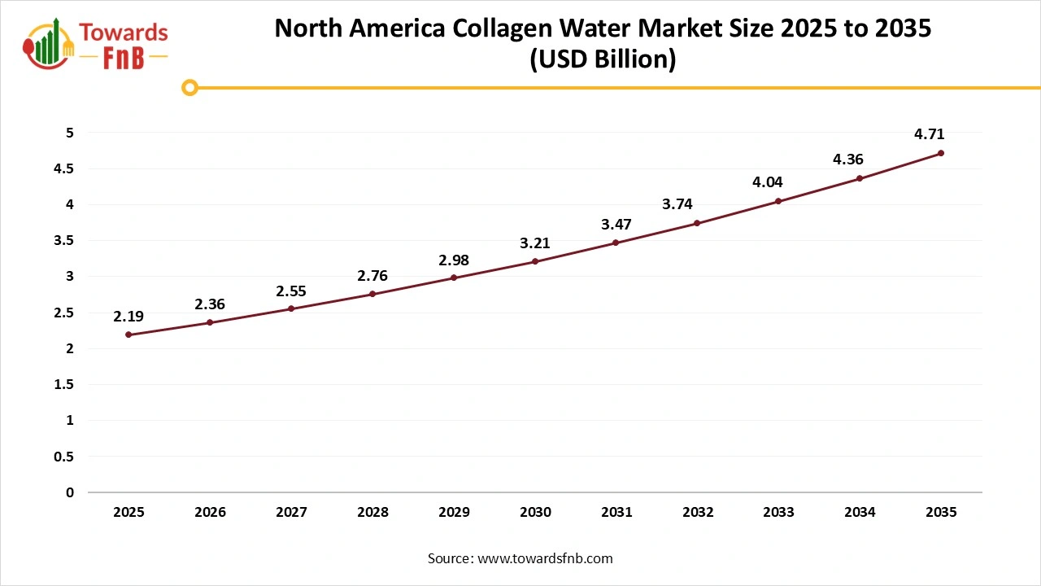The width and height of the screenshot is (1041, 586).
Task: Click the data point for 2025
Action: (x=128, y=335)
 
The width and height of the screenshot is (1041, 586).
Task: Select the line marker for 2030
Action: (x=535, y=261)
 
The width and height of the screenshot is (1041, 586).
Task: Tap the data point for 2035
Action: (x=941, y=153)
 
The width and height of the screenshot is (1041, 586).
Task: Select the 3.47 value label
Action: (x=616, y=224)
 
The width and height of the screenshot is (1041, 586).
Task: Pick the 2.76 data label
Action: (x=372, y=276)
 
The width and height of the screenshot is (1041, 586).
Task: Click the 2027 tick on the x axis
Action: (x=291, y=513)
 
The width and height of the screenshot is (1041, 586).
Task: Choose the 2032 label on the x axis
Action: (x=698, y=513)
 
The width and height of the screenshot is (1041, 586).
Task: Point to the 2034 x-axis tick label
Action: (x=860, y=513)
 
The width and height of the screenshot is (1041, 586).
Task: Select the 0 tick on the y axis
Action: (x=70, y=492)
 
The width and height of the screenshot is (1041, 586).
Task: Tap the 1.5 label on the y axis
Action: (x=63, y=384)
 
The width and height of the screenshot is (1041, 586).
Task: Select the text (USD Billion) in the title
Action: (x=603, y=60)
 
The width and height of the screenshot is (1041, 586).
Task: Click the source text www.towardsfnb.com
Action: (x=545, y=558)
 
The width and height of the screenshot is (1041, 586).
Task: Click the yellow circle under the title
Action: (x=189, y=87)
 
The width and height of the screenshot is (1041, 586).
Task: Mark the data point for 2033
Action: (x=778, y=201)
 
